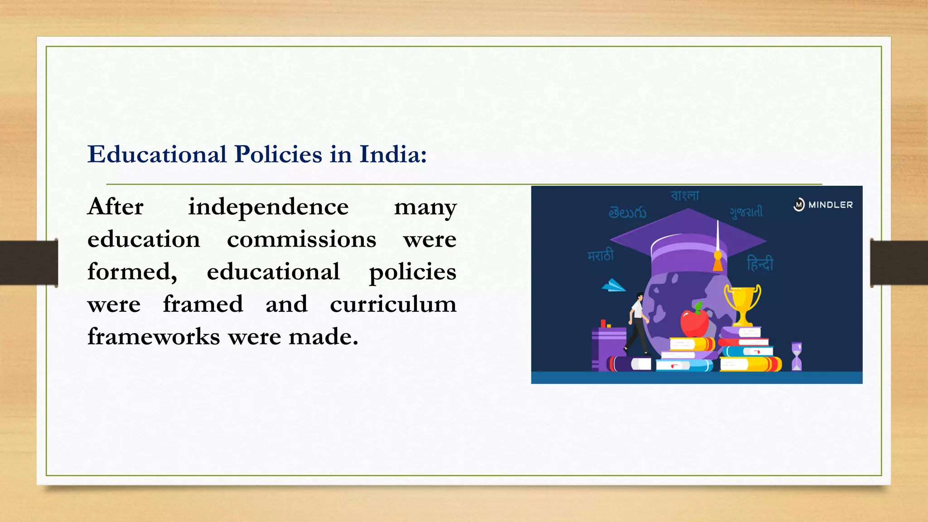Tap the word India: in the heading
click(x=393, y=155)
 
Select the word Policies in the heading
click(x=278, y=155)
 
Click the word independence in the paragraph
click(x=268, y=207)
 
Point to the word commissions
click(x=301, y=240)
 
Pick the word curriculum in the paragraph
click(x=393, y=304)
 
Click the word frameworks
click(x=154, y=337)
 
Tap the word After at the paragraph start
click(x=116, y=207)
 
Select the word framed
click(x=203, y=304)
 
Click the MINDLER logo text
click(x=830, y=205)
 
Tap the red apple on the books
click(x=694, y=321)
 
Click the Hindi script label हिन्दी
click(x=760, y=263)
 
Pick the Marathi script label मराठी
click(x=600, y=256)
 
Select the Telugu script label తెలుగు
click(x=627, y=213)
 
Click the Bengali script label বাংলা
click(x=685, y=196)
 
